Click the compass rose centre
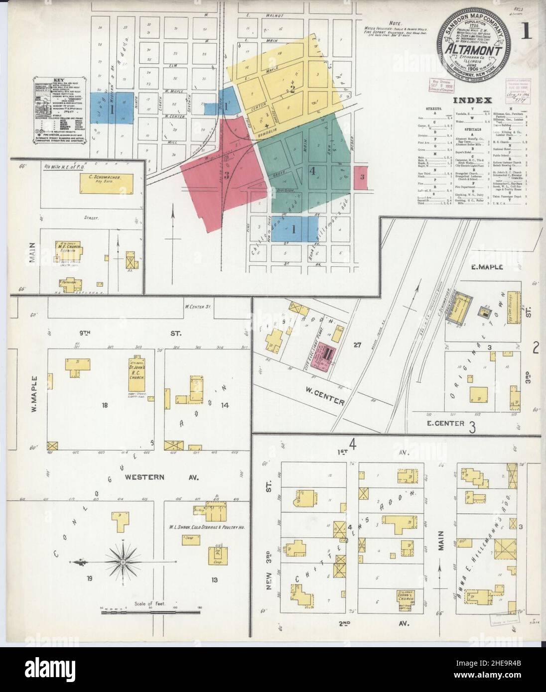point(123,562)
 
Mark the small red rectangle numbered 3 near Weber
point(362,177)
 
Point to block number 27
point(357,344)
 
